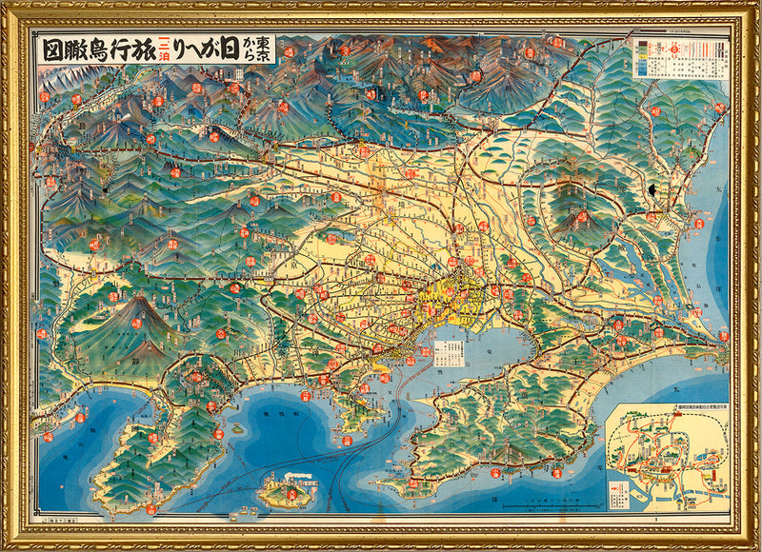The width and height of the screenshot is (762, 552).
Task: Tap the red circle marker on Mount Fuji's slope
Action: (135, 323)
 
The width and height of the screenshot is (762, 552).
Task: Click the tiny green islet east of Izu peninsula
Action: (235, 428)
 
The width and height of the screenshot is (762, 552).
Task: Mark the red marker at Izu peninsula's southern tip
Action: (150, 510)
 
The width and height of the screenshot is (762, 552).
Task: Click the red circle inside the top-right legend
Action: (675, 66)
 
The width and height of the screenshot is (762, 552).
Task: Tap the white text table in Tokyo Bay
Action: (447, 353)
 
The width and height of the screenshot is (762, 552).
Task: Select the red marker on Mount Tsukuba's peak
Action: (582, 216)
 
